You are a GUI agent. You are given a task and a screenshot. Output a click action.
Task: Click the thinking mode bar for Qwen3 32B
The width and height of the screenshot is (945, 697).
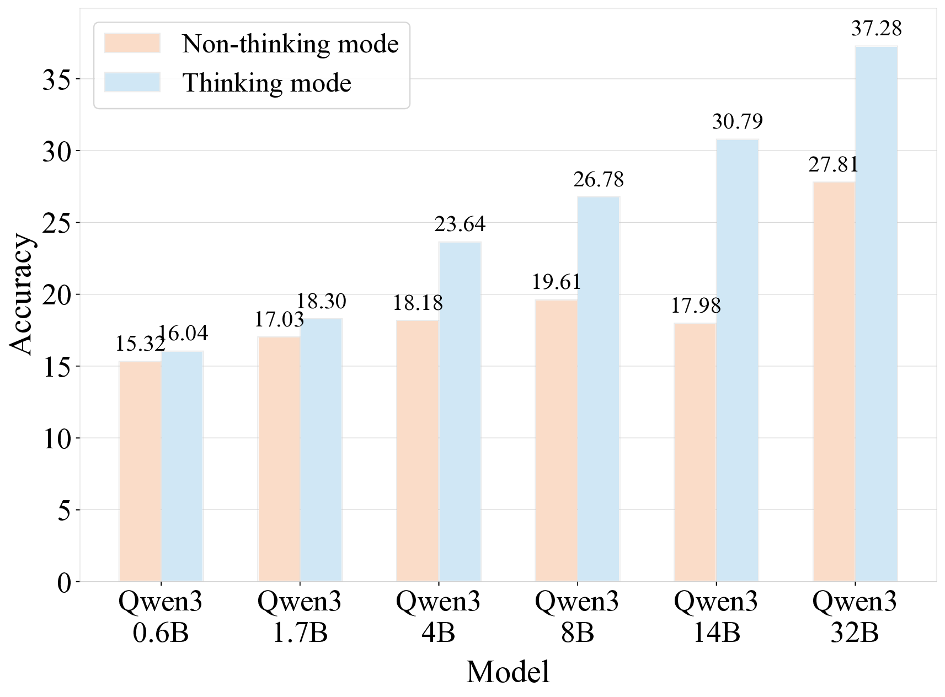pos(876,314)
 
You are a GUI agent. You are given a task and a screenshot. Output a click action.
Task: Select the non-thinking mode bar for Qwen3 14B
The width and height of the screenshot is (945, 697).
pos(695,452)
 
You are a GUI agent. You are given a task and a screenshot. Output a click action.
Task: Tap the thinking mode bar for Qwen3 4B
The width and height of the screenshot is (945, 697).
pos(460,411)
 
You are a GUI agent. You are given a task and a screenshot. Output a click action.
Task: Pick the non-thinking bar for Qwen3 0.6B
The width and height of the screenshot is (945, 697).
pos(140,471)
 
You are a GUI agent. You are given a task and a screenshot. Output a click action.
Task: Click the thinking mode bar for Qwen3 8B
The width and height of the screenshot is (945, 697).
pos(599,389)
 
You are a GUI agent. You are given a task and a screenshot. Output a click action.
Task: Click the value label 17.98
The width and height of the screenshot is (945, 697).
pos(695,305)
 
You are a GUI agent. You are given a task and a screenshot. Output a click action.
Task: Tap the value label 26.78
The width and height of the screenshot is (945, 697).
pos(599,180)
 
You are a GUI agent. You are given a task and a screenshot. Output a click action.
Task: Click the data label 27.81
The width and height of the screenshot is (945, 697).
pos(833,165)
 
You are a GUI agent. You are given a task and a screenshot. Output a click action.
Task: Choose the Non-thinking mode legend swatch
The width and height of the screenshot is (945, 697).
pos(132,44)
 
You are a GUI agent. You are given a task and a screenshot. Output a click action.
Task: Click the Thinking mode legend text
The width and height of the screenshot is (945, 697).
pos(267,83)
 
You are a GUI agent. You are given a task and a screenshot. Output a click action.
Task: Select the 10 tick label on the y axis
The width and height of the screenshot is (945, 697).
pos(56,439)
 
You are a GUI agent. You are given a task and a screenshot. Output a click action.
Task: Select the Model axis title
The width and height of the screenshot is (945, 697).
pos(508,672)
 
